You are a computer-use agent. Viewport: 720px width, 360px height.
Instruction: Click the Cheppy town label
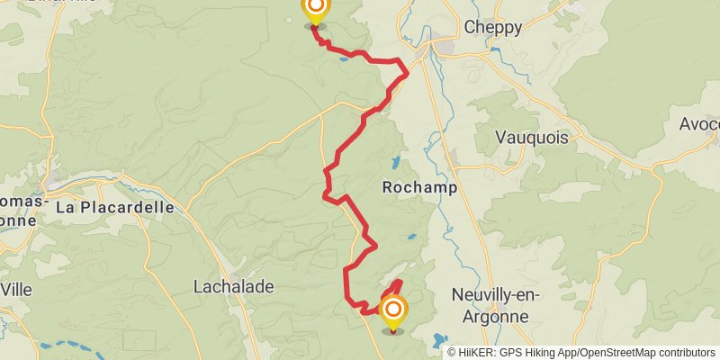point(492,28)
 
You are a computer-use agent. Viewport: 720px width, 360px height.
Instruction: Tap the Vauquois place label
point(533,138)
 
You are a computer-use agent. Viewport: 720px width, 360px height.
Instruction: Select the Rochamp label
point(419,188)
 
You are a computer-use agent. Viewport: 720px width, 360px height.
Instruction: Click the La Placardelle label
point(114,207)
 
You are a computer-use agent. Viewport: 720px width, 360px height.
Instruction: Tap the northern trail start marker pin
point(315,11)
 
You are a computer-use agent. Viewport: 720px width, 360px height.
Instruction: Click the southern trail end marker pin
point(393,312)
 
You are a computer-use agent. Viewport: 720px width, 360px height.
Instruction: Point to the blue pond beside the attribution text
point(438,341)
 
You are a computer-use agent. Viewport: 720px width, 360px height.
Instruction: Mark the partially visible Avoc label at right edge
point(699,122)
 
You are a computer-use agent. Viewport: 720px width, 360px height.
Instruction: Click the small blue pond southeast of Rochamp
point(411,237)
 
